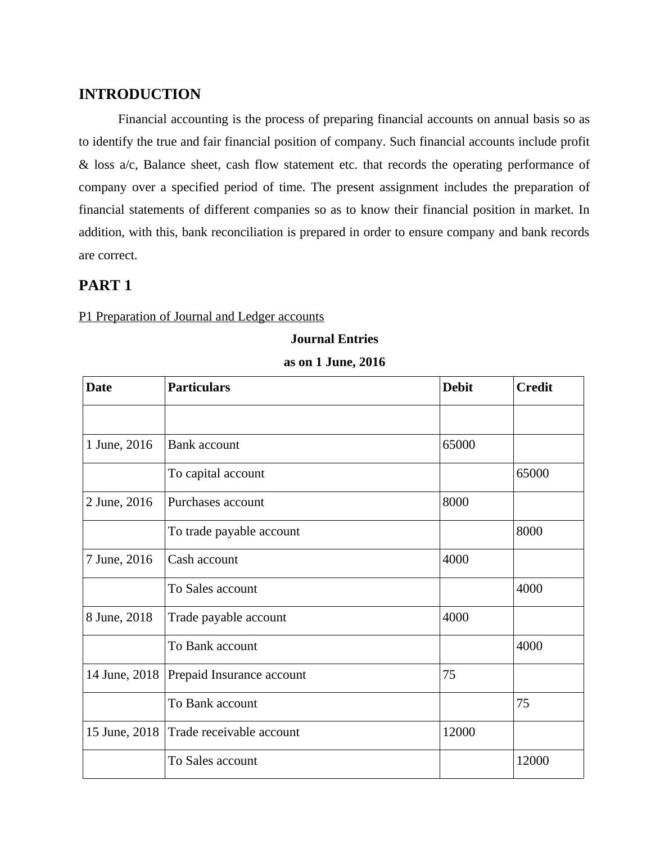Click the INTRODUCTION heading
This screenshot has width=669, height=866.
139,94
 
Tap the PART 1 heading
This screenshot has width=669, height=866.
105,285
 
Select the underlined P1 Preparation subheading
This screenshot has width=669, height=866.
201,316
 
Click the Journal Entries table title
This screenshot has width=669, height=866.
334,339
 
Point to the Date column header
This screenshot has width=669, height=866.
99,387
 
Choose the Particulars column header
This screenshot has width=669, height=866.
199,387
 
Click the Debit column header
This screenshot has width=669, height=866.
458,387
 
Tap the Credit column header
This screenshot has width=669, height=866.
534,387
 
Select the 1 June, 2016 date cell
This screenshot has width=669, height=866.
119,445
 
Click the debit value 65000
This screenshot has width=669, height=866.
459,445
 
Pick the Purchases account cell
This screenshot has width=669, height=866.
216,502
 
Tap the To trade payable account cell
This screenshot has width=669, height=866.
234,531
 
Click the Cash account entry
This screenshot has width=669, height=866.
203,560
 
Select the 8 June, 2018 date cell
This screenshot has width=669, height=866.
119,617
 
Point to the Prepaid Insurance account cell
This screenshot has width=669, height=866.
237,675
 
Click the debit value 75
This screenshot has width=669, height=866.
449,675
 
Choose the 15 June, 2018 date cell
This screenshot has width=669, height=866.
123,732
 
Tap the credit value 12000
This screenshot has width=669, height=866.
532,761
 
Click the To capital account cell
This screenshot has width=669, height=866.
216,473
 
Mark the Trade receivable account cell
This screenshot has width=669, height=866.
233,732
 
